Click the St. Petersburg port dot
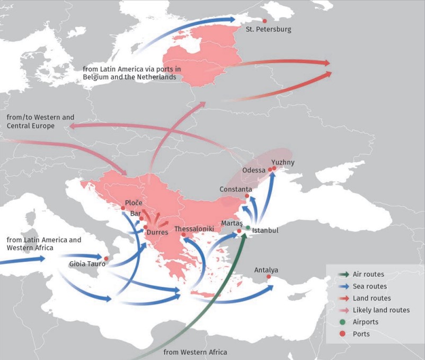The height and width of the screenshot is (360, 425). [x=258, y=21]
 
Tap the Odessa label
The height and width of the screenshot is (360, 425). [x=253, y=170]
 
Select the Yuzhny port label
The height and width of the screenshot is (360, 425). [x=282, y=162]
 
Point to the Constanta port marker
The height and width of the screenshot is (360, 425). [x=247, y=196]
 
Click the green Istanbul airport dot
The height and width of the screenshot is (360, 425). [x=248, y=227]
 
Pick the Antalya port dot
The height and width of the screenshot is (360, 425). [x=269, y=277]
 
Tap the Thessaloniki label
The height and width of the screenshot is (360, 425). [x=194, y=229]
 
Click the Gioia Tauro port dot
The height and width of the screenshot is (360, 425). [x=106, y=258]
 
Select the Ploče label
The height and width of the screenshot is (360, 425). [x=134, y=203]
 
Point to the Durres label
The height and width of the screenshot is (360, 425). [x=157, y=232]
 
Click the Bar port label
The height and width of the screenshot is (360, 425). [x=135, y=214]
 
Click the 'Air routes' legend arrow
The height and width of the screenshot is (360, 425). [x=343, y=275]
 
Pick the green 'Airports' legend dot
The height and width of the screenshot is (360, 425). [x=343, y=322]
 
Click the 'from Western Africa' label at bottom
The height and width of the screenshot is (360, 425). [x=195, y=352]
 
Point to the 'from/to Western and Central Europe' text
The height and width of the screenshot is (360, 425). [x=40, y=121]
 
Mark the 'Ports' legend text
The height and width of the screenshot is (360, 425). [x=361, y=334]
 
